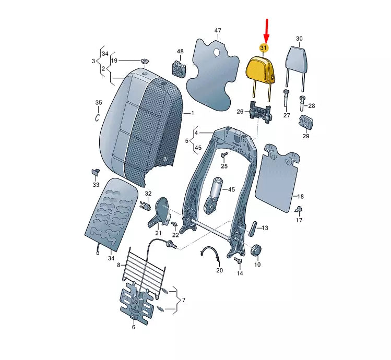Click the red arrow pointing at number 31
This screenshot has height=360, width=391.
[x=267, y=31]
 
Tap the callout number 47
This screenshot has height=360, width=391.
[x=218, y=30]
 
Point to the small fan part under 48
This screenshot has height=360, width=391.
[x=179, y=67]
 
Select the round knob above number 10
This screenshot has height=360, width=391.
[x=256, y=250]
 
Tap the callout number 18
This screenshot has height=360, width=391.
[x=301, y=197]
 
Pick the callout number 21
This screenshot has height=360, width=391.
[x=158, y=233]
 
